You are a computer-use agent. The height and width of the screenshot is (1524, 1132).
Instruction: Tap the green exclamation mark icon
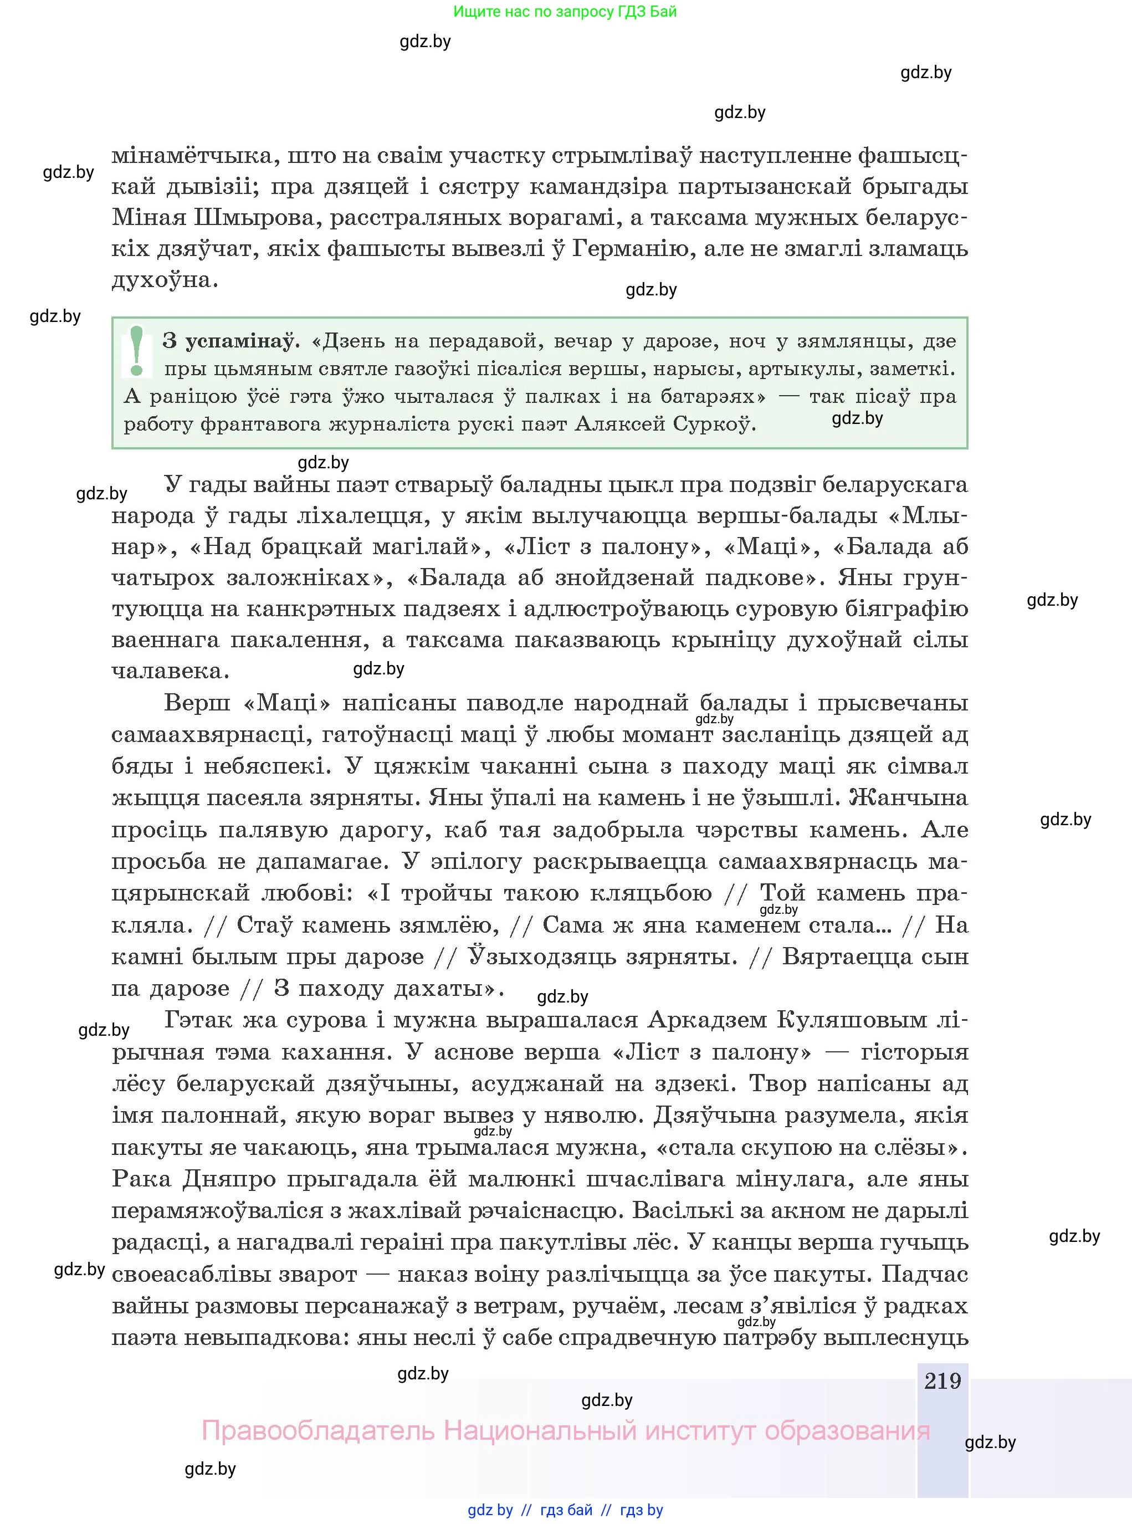136,351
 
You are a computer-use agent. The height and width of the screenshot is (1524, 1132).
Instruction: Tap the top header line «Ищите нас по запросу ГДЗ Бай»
565,12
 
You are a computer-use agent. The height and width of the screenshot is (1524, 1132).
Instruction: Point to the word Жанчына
909,797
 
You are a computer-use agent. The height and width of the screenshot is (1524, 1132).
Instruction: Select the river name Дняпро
229,1179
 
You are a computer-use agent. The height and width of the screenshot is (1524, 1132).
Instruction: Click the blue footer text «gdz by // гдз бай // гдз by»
565,1510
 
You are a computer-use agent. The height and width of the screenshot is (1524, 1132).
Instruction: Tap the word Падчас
924,1275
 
